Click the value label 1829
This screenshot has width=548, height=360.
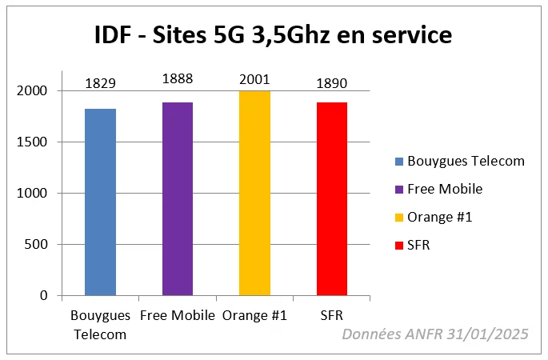coord(100,84)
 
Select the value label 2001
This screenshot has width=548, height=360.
coord(254,78)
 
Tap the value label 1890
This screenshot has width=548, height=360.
coord(332,83)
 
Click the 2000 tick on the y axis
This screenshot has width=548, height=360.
coord(31,91)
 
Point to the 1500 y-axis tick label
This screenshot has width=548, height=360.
coord(31,142)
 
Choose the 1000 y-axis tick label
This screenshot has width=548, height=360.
coord(31,194)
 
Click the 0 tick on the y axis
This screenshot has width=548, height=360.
coord(44,296)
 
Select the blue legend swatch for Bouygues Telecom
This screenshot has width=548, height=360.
coord(398,162)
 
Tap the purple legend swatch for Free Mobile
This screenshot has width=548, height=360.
coord(398,190)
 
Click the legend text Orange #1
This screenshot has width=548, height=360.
coord(440,218)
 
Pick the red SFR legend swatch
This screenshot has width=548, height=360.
coord(398,246)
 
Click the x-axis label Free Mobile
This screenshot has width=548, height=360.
coord(178,315)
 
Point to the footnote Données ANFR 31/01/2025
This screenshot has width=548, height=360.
coord(434,334)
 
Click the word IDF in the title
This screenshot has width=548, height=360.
coord(110,37)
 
